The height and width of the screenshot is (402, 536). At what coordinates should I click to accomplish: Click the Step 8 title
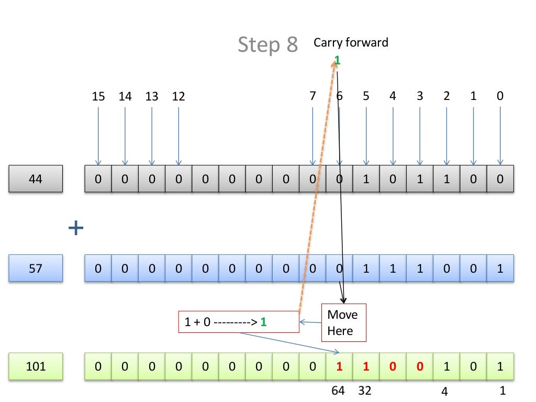[x=267, y=45]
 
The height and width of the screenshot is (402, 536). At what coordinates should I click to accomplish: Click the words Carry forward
[x=351, y=42]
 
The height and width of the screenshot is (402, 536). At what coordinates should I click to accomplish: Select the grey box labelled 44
[x=36, y=178]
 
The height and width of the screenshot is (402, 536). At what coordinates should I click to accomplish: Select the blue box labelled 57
[x=36, y=268]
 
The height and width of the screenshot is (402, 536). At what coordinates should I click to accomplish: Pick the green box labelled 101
[x=36, y=366]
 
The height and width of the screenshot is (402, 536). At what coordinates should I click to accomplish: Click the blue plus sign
[x=76, y=227]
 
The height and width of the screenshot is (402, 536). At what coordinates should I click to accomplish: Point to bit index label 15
[x=98, y=96]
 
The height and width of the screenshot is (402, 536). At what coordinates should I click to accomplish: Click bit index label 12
[x=178, y=96]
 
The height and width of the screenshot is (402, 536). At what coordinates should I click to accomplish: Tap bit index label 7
[x=312, y=96]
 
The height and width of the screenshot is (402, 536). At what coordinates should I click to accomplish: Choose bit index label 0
[x=500, y=96]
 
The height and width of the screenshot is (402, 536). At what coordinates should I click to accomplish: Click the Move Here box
[x=343, y=322]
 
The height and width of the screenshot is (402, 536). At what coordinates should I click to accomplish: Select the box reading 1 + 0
[x=239, y=322]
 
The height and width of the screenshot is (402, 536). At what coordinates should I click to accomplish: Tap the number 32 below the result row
[x=364, y=390]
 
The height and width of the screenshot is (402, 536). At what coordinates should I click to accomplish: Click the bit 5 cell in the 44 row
[x=366, y=179]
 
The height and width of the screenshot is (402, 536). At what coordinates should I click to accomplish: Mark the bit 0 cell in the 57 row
[x=500, y=269]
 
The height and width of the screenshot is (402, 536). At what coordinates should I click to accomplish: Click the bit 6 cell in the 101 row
[x=339, y=366]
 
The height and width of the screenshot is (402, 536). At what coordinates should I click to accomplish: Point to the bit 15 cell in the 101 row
[x=98, y=366]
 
